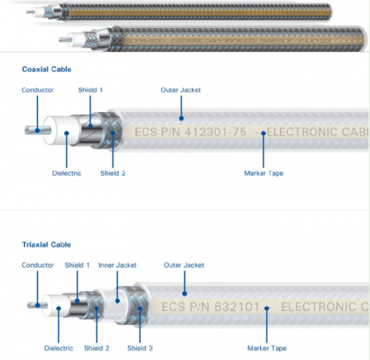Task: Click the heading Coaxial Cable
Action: point(46,69)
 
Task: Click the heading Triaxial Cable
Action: point(46,245)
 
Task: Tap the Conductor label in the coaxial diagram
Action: point(37,90)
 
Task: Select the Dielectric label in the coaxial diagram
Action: point(67,173)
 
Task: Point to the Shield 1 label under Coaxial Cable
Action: point(90,90)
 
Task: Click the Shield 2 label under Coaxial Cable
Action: point(112,173)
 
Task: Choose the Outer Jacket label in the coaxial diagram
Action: point(180,90)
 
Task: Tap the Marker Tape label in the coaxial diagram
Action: point(263,173)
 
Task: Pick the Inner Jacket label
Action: point(117,265)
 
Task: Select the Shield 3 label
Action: point(140,348)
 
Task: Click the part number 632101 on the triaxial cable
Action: point(238,306)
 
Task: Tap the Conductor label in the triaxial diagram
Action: point(37,265)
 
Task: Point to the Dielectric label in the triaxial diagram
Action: point(58,348)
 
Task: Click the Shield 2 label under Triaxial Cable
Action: point(97,348)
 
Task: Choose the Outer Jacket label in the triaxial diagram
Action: point(184,265)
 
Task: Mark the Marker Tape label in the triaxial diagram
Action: point(267,348)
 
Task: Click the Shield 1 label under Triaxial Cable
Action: point(77,265)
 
